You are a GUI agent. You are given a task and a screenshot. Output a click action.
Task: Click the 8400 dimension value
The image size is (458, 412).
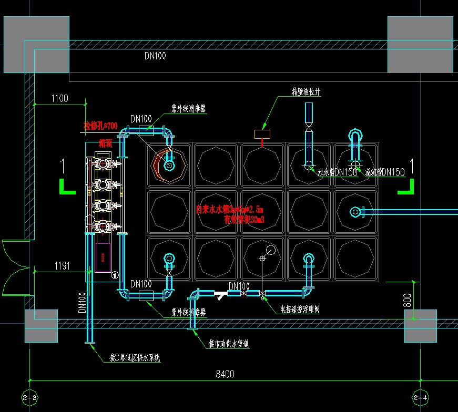pyautogui.click(x=225, y=374)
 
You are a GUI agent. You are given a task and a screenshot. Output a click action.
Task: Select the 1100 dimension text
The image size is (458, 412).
pyautogui.click(x=60, y=98)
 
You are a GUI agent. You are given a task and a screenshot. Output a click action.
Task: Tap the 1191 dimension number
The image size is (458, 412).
pyautogui.click(x=62, y=266)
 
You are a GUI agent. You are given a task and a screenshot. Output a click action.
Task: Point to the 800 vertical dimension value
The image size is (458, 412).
pyautogui.click(x=406, y=300)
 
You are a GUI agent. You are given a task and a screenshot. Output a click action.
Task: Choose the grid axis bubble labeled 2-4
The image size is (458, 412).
pyautogui.click(x=421, y=398)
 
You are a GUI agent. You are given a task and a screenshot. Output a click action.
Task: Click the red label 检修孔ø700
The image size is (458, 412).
pyautogui.click(x=100, y=126)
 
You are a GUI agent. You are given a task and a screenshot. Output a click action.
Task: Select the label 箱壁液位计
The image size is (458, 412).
pyautogui.click(x=306, y=91)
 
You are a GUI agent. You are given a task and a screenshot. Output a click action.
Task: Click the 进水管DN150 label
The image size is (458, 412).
pyautogui.click(x=338, y=172)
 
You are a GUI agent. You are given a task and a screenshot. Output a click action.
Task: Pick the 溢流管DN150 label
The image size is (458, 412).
pyautogui.click(x=385, y=172)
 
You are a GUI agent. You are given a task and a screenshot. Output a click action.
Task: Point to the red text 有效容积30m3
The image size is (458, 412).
pyautogui.click(x=243, y=219)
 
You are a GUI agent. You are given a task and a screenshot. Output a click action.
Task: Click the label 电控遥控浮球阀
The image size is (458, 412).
pyautogui.click(x=299, y=310)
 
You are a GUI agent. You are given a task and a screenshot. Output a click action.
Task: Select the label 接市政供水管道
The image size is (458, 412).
pyautogui.click(x=228, y=344)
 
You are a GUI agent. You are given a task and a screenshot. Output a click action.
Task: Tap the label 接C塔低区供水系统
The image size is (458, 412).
pyautogui.click(x=135, y=358)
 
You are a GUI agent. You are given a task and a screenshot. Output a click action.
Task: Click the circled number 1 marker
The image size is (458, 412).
pyautogui.click(x=115, y=274)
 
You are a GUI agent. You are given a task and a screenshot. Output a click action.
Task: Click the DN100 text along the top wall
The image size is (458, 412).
pyautogui.click(x=155, y=56)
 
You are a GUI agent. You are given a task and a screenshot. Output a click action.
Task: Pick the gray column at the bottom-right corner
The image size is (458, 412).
pyautogui.click(x=420, y=325)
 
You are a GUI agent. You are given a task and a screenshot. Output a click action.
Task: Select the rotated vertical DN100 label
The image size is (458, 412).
pyautogui.click(x=82, y=303)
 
